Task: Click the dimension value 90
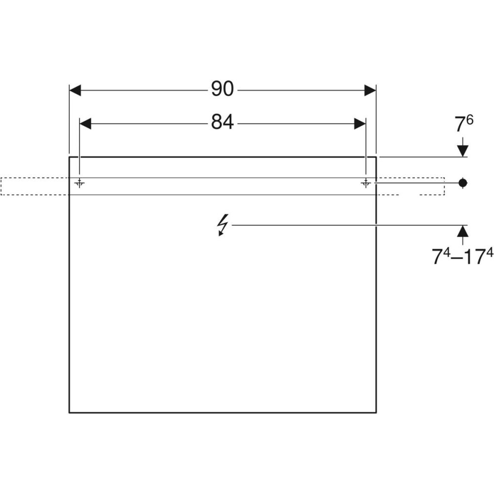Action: (x=222, y=89)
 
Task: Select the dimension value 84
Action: (x=222, y=123)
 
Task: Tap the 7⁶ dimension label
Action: (x=463, y=124)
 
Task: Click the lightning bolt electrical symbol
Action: (x=223, y=225)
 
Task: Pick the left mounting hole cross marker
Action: (x=79, y=183)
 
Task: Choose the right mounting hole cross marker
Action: (x=366, y=183)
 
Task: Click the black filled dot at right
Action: (x=462, y=183)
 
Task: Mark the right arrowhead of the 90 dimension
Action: (x=370, y=90)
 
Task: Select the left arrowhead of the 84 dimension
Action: (x=85, y=123)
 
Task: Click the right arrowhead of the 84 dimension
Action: (x=360, y=123)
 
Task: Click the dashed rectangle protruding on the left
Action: (x=35, y=186)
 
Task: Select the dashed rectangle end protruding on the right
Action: (x=420, y=186)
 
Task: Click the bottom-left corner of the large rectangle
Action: (x=69, y=412)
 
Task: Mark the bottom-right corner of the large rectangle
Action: (x=376, y=412)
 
